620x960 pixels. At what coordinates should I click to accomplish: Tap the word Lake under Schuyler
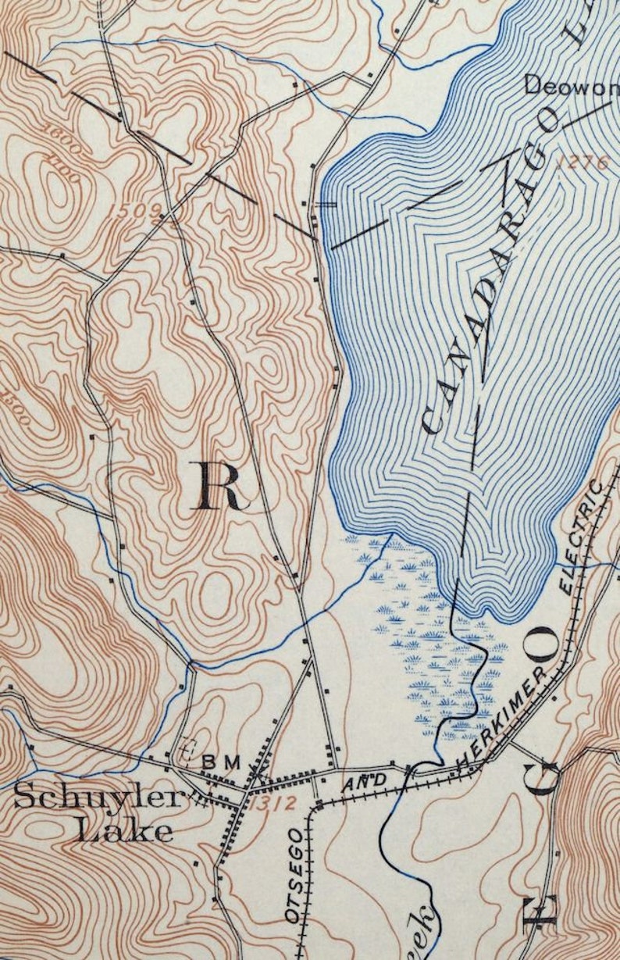coord(125,830)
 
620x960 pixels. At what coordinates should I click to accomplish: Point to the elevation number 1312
coord(274,803)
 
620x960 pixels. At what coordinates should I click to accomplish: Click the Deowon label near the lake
coord(570,85)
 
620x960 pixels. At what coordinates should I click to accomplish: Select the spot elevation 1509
coord(139,209)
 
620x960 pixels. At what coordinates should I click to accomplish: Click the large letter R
coord(216,486)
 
